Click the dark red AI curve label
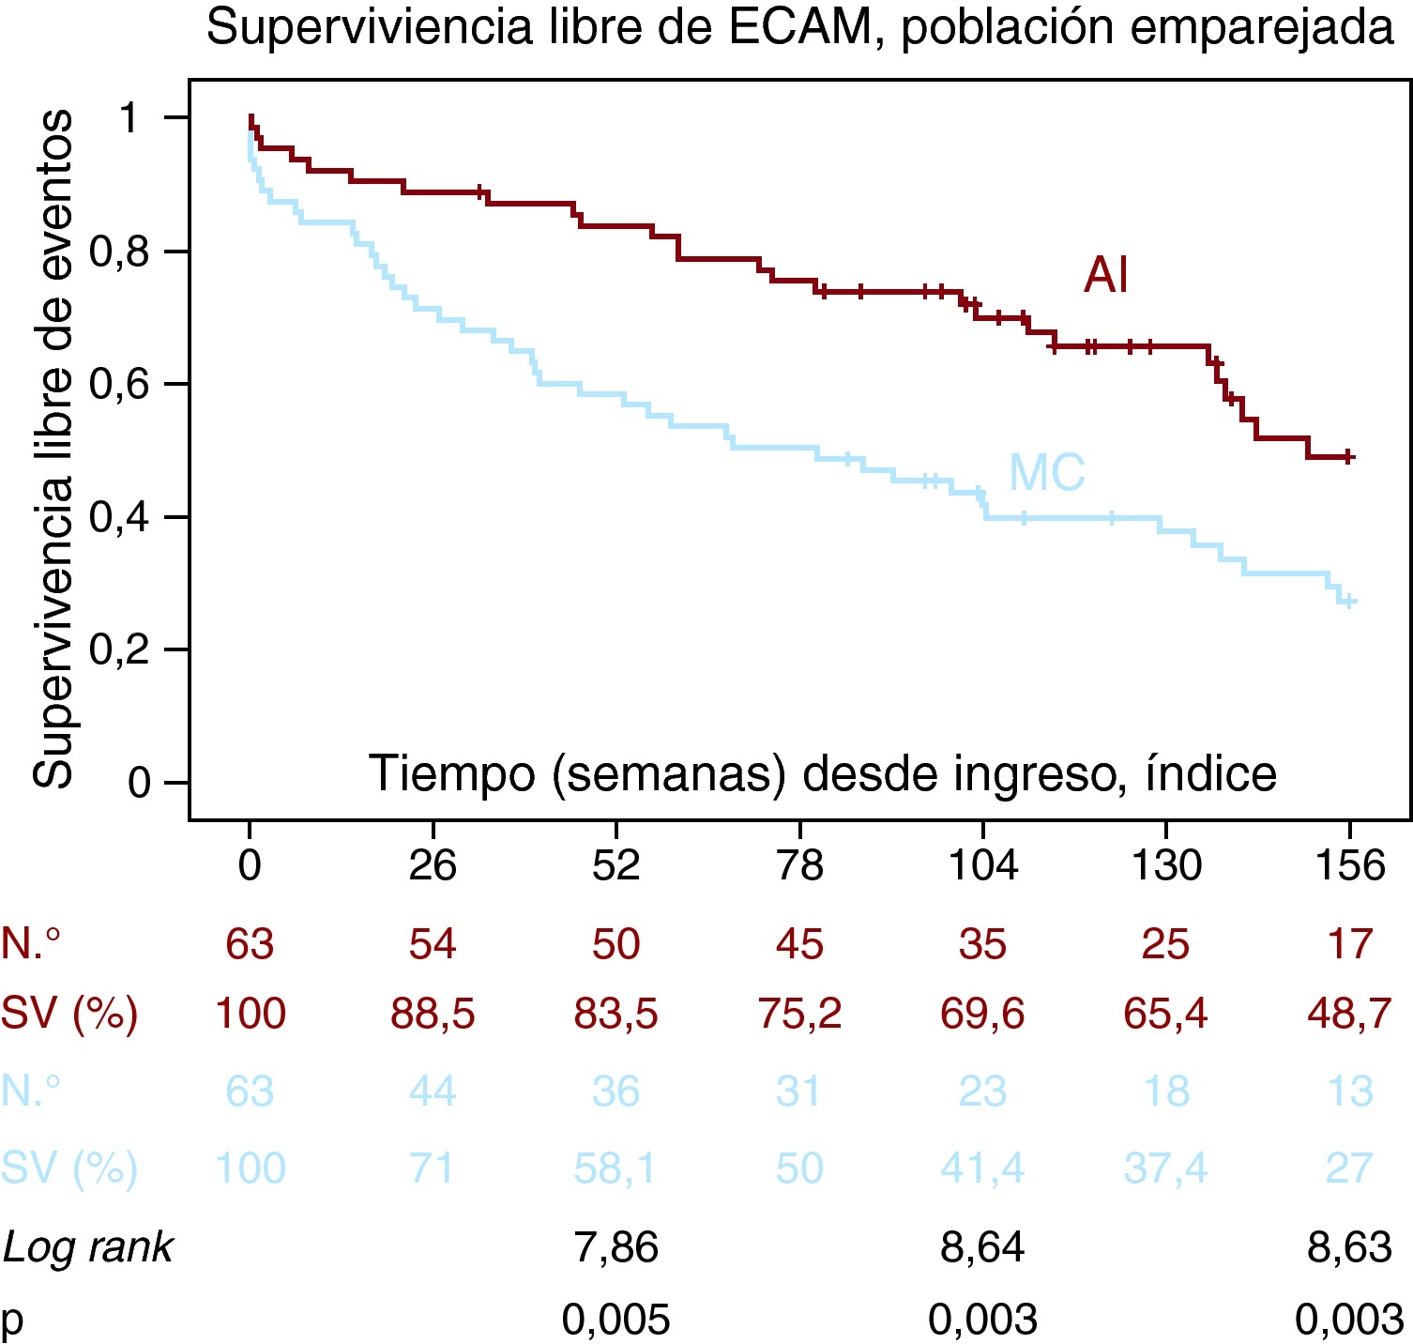pos(1105,275)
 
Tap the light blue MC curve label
pos(1046,472)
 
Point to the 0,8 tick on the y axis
pos(120,252)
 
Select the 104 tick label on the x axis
pos(982,864)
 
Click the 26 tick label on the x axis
pos(433,864)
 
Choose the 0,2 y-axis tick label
pos(120,649)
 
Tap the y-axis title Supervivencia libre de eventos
pos(53,449)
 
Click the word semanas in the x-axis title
pos(670,774)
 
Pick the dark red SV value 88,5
pos(433,1014)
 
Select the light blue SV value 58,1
pos(615,1168)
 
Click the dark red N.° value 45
pos(799,943)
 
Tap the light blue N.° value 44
pos(433,1092)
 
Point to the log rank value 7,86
pos(615,1247)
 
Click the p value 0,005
pos(615,1321)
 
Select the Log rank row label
pos(88,1247)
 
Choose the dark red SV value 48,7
pos(1349,1014)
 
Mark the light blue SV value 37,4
pos(1165,1168)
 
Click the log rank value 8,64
pos(982,1247)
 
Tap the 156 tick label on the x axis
pos(1349,864)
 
